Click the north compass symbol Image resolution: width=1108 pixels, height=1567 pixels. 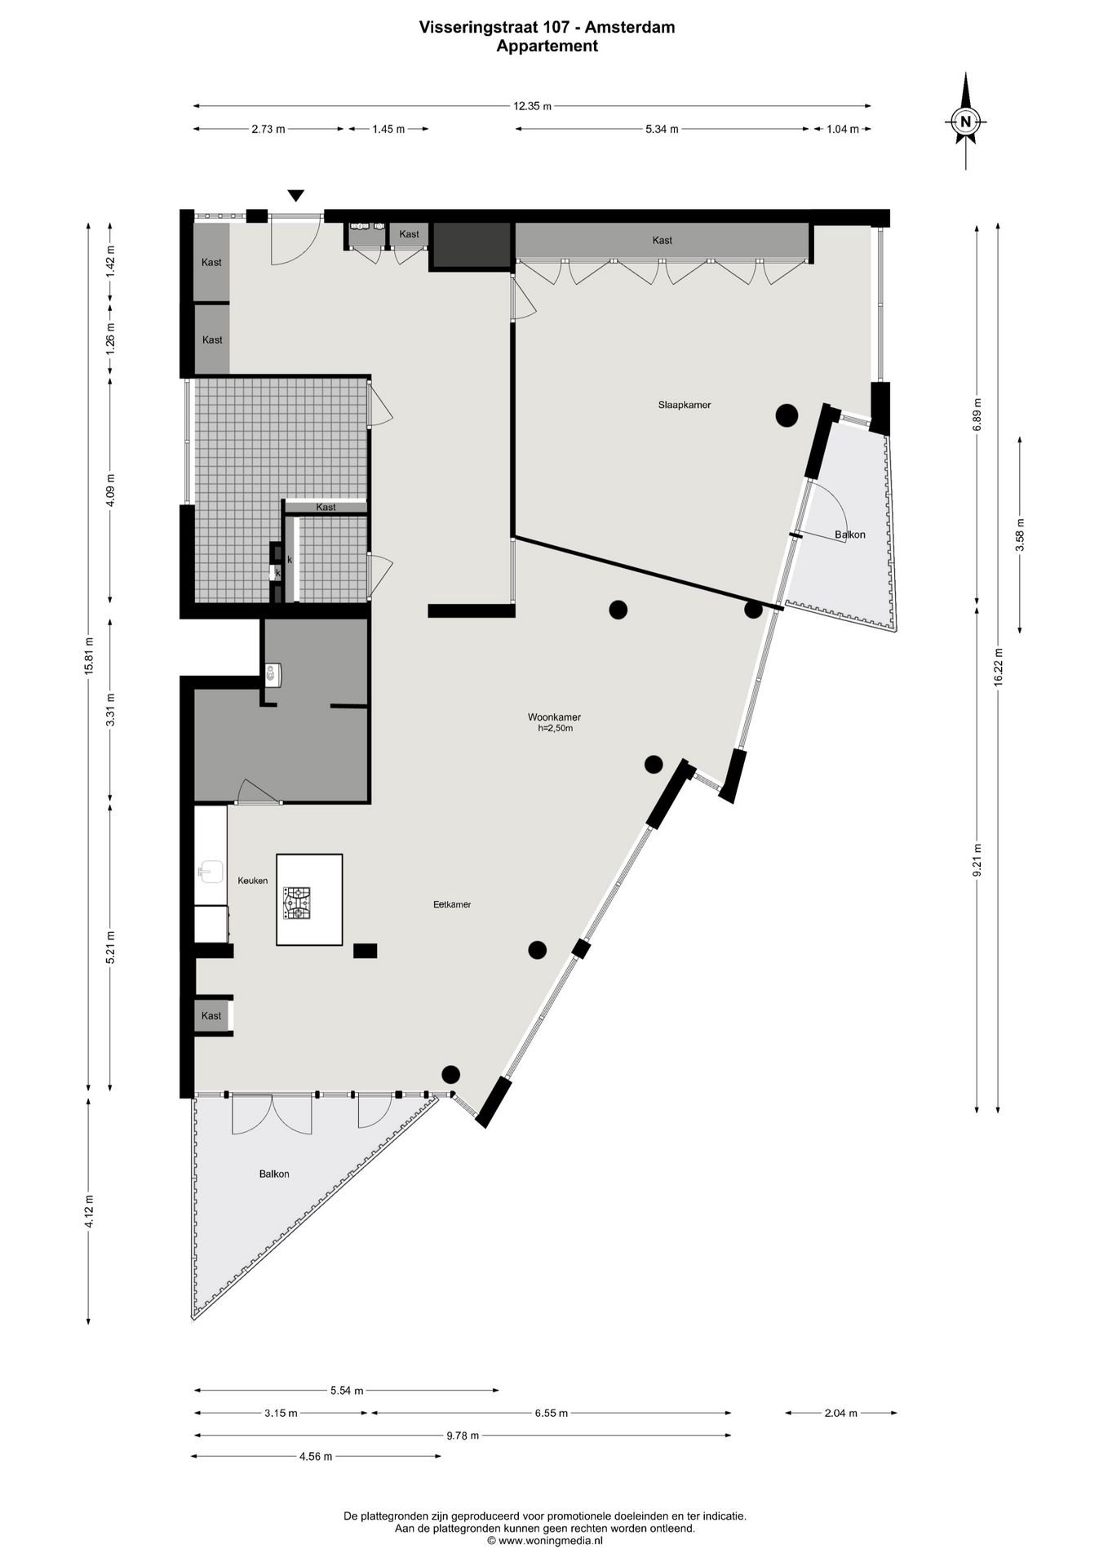pos(966,122)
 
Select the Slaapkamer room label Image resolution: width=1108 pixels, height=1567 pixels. pos(685,405)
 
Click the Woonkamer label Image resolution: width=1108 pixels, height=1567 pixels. pos(554,717)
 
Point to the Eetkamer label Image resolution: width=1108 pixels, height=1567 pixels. pos(452,904)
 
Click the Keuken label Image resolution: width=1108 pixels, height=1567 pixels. pos(253,881)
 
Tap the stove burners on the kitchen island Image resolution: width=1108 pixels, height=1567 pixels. pos(297,903)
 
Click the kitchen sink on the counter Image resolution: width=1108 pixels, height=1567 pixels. pos(211,872)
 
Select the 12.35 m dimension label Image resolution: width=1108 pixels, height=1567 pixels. pos(532,106)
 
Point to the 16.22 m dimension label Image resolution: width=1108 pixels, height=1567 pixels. pos(998,668)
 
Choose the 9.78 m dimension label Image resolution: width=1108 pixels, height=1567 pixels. pos(463,1436)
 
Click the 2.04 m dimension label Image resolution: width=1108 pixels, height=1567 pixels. pos(840,1413)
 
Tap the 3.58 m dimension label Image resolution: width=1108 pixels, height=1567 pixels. pos(1019,535)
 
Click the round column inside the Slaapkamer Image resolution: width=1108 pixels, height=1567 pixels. pos(787,416)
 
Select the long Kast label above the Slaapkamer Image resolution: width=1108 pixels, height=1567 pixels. pos(663,240)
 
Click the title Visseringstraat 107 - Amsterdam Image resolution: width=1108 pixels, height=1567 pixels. pos(547,27)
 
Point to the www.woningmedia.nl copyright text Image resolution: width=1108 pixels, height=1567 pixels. pos(545,1541)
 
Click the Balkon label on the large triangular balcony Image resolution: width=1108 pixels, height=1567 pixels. pos(274,1174)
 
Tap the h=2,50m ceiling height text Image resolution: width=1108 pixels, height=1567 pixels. pos(556,729)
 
